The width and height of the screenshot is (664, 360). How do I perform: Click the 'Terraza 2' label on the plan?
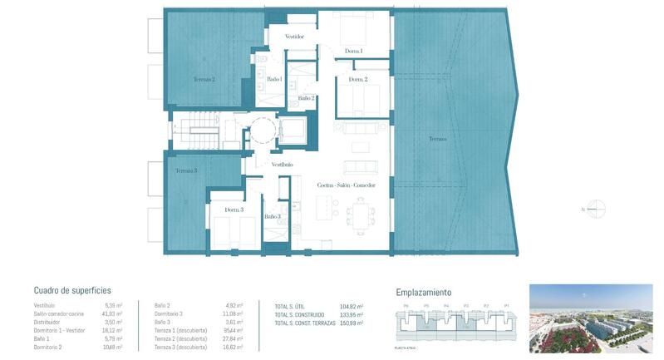tap(204, 80)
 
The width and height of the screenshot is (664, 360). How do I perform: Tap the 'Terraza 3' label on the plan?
tap(185, 170)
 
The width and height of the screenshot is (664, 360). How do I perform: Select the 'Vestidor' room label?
tap(294, 37)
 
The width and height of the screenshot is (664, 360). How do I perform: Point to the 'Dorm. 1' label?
tap(353, 52)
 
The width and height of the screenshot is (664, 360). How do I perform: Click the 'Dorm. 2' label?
tap(357, 79)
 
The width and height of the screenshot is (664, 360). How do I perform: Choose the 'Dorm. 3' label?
tap(234, 210)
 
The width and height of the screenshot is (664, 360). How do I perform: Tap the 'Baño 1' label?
tap(275, 79)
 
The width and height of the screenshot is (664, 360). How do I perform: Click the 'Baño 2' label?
tap(306, 98)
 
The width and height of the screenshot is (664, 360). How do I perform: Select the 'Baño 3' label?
tap(273, 217)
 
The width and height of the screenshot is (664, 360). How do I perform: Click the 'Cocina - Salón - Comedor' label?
tap(340, 185)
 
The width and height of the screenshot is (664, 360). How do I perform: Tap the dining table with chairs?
tap(362, 219)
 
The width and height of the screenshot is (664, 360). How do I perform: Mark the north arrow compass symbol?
tap(595, 209)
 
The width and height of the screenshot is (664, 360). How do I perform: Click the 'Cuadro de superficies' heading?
tap(72, 290)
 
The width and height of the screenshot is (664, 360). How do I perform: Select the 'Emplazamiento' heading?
tap(424, 292)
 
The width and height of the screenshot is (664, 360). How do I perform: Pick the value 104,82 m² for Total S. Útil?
tap(352, 306)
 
